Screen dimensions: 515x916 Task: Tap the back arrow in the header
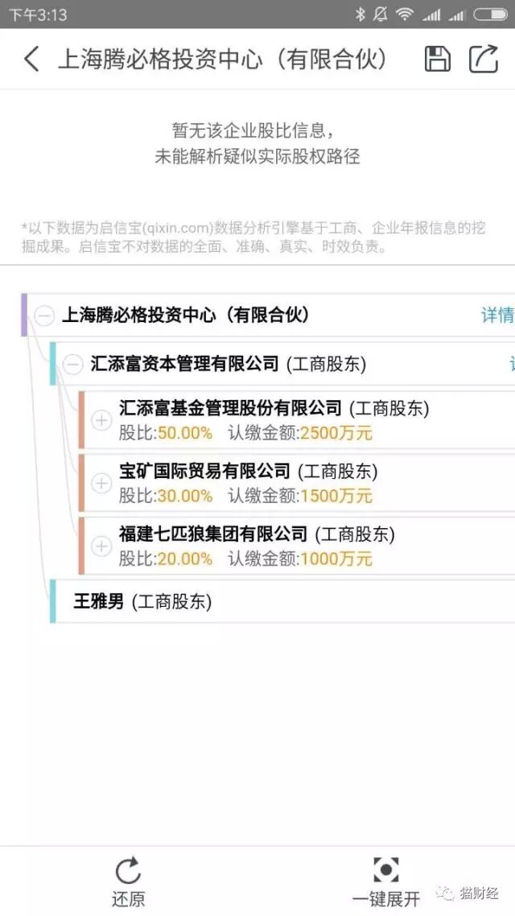31,59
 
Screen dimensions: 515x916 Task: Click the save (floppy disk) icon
438,59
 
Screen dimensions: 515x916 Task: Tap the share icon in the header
484,59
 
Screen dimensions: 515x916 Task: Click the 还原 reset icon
128,870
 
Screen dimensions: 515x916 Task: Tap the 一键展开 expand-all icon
386,869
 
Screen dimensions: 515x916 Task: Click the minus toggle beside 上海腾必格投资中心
45,316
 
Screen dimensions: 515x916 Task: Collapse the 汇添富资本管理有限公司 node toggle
73,365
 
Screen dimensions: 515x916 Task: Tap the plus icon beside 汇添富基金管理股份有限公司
101,420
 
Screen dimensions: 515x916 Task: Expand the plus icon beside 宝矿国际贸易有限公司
101,483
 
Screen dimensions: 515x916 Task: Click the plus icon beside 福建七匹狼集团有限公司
101,547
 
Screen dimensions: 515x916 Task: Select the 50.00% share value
185,433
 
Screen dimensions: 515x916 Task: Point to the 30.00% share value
185,496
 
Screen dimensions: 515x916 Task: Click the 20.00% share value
185,559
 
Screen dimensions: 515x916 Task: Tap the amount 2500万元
336,433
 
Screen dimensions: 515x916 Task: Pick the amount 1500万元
336,496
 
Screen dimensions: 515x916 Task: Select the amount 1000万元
336,559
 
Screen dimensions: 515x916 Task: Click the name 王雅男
98,601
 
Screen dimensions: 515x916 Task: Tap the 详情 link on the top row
497,316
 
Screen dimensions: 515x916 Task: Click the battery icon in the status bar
490,14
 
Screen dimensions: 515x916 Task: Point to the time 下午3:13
37,14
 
